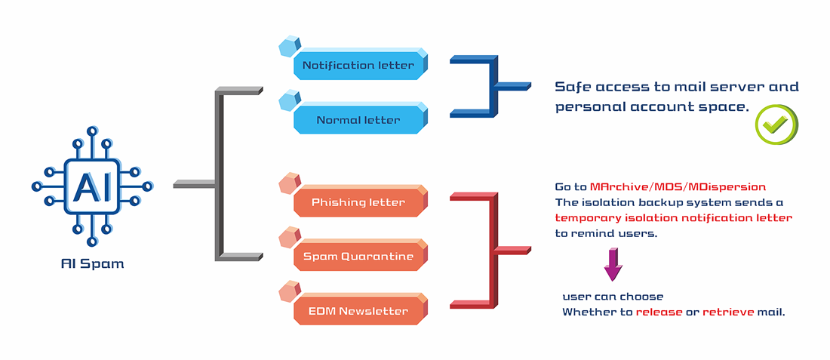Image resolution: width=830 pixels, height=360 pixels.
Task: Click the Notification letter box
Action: [359, 65]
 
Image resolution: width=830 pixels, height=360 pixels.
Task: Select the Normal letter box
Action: [359, 120]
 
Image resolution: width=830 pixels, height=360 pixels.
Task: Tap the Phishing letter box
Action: [359, 202]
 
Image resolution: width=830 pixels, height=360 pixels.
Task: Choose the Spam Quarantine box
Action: [359, 257]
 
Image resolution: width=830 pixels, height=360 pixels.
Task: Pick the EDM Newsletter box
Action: [359, 311]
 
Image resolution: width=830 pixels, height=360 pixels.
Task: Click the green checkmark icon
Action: [776, 124]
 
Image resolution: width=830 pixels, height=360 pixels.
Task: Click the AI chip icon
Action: [92, 185]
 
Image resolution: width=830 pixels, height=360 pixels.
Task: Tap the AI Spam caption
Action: [92, 264]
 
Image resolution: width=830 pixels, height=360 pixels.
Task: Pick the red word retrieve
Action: [728, 312]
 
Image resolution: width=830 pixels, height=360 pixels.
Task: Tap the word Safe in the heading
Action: [571, 87]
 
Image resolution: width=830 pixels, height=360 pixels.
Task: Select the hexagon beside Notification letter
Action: [288, 47]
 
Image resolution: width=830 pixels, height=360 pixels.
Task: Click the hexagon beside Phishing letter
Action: [288, 183]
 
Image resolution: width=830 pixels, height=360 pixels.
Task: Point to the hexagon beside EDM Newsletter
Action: [288, 292]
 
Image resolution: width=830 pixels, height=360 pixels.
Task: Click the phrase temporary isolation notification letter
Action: [673, 218]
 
